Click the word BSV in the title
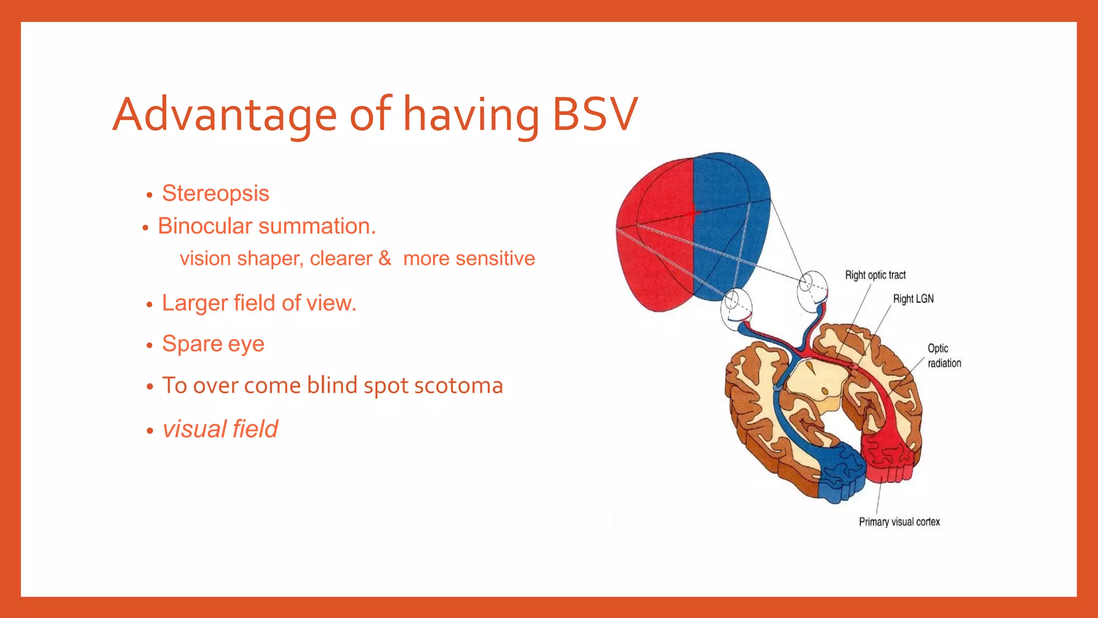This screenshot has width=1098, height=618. (595, 114)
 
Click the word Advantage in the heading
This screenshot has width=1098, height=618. (224, 114)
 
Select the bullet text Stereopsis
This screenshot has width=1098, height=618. (216, 193)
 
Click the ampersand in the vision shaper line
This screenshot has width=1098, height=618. (384, 258)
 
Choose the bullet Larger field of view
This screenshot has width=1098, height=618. (259, 303)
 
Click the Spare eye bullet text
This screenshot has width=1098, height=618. (213, 343)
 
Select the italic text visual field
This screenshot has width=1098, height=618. (220, 429)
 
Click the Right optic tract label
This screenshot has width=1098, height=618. (875, 275)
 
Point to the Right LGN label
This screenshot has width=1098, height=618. (913, 299)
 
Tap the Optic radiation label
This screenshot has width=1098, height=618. (944, 356)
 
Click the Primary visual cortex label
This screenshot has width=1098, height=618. (899, 522)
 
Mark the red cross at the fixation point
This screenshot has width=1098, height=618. (693, 213)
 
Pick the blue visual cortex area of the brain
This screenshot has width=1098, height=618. (839, 472)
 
